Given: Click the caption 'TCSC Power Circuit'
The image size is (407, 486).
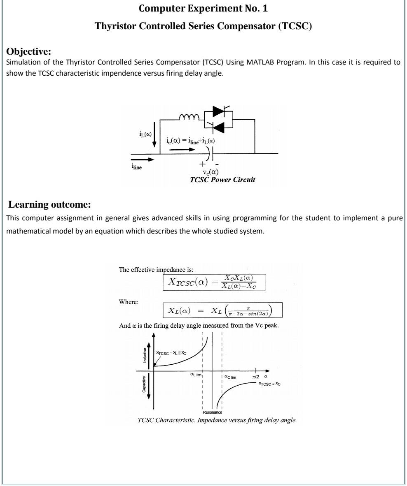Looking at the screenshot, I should (222, 180).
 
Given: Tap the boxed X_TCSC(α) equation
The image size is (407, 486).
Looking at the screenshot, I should (214, 282).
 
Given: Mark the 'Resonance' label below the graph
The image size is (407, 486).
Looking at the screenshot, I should (213, 412).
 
